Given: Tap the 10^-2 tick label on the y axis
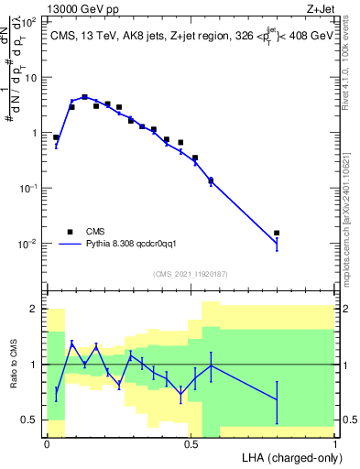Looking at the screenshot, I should pos(27,244).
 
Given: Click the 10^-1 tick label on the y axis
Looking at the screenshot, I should pos(27,188).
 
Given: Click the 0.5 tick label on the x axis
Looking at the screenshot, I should pos(191,442).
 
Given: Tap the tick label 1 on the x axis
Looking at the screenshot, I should pos(336,442).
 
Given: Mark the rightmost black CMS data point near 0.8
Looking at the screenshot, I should pos(277,233).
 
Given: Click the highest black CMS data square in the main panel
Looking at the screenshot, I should pos(84,97).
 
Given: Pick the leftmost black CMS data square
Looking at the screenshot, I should pos(56,137).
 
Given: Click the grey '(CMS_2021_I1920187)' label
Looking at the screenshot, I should pos(189,274).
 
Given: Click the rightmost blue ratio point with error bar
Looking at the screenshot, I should pos(277,398).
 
